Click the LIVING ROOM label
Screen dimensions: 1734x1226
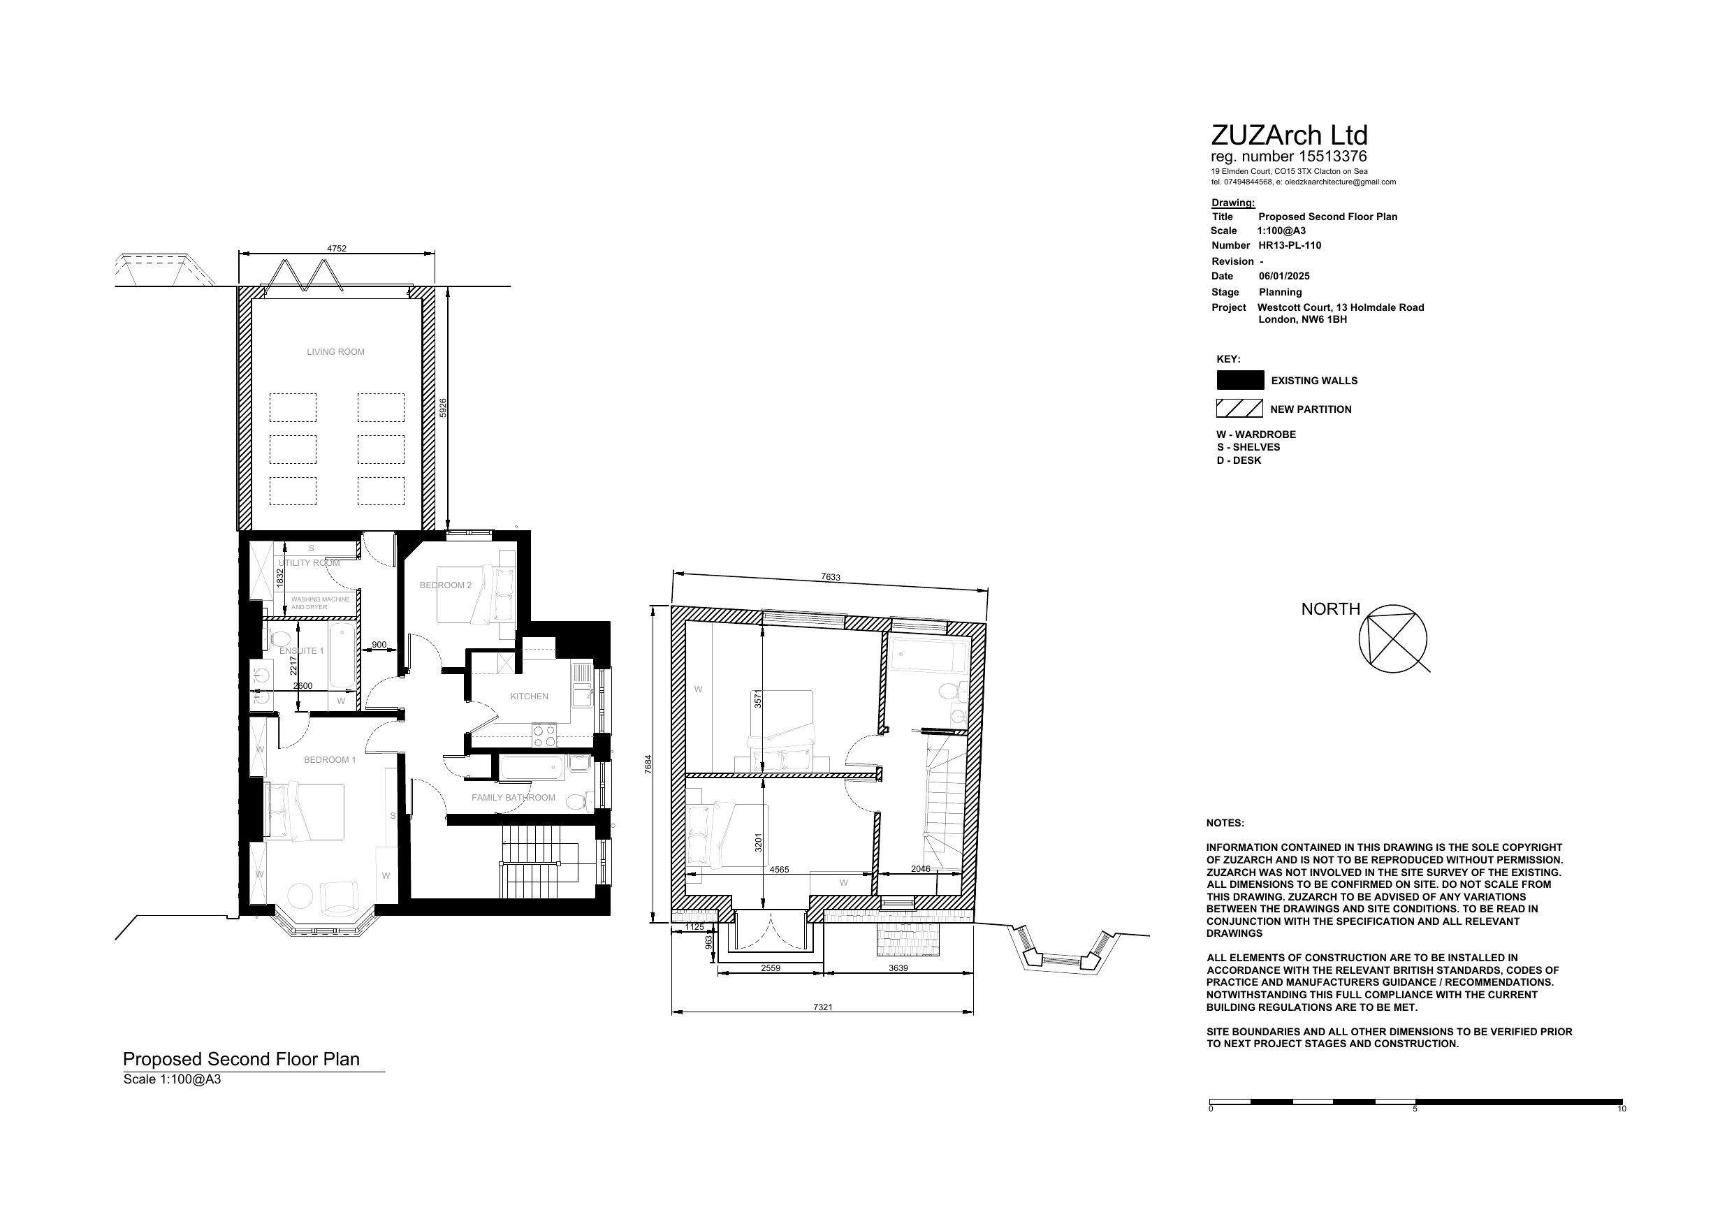(335, 352)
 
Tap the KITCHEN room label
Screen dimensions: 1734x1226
(530, 696)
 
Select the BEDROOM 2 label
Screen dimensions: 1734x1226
(446, 585)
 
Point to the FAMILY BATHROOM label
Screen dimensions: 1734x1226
(513, 798)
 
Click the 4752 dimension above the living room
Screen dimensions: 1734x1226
(337, 249)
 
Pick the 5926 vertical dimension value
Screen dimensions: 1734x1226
(444, 408)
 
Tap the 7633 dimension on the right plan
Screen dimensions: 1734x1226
(831, 578)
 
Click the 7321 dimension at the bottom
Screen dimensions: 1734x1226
(823, 1007)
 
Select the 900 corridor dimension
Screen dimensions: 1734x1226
(379, 645)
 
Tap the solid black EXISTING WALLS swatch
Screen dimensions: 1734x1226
(1240, 380)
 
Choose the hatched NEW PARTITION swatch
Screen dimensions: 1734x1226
(1239, 409)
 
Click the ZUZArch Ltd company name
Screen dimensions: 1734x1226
(1289, 136)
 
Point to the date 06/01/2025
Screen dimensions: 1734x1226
(1284, 277)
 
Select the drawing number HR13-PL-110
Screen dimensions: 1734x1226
(1290, 245)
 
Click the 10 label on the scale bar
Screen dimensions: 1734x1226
(1622, 1109)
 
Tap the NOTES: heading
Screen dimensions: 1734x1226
(1225, 824)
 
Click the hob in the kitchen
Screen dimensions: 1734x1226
(544, 735)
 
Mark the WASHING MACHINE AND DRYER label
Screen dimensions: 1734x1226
(321, 604)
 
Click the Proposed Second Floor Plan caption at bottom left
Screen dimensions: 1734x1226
(242, 1059)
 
